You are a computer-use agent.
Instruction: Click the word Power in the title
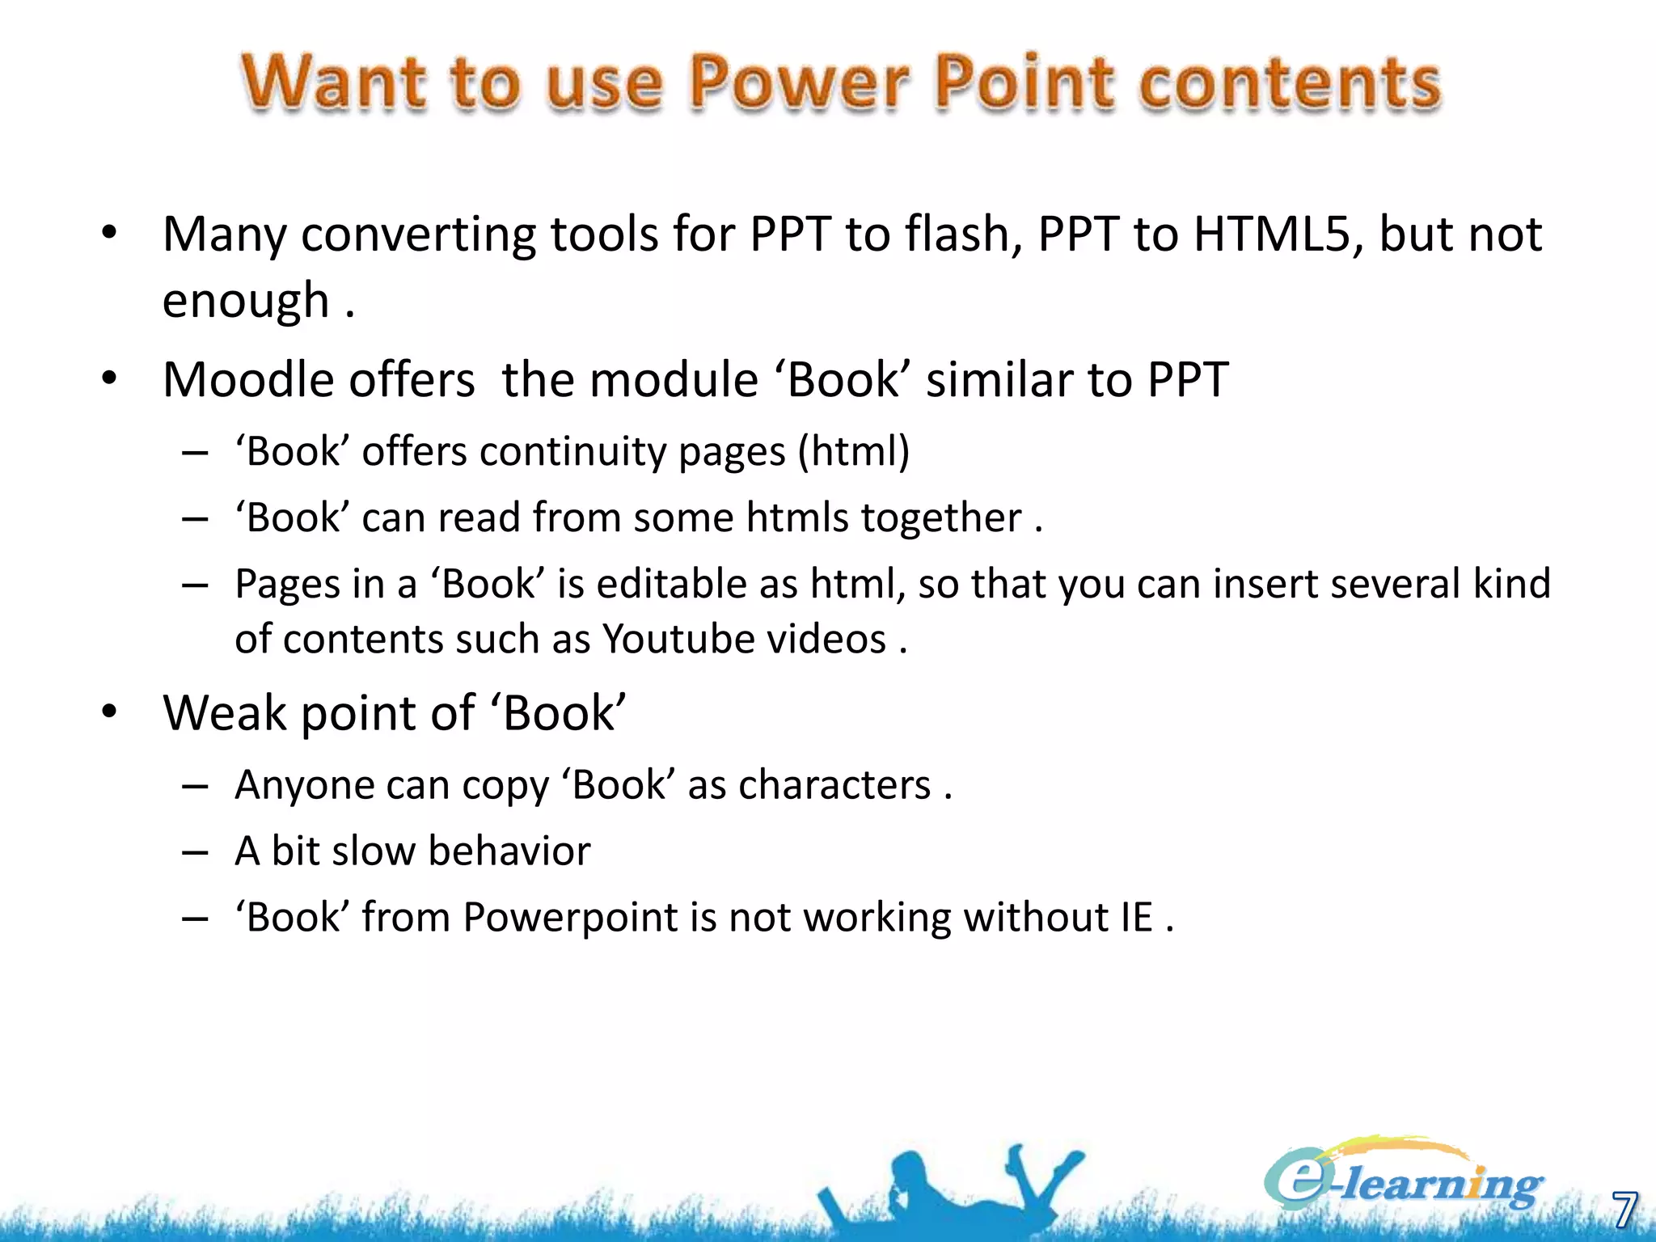799,82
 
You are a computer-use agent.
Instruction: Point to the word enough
245,301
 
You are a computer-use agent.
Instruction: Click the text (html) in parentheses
854,451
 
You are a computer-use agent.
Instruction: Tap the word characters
834,785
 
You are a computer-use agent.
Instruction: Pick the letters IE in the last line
1136,918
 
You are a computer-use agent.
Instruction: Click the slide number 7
1624,1210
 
